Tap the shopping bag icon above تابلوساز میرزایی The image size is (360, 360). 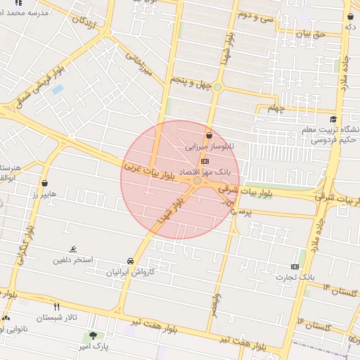coord(208,136)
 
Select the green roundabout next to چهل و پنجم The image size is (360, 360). coord(218,87)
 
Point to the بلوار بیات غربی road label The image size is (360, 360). coord(148,169)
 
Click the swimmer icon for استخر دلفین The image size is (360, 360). coord(73,249)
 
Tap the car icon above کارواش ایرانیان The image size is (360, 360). coord(130,260)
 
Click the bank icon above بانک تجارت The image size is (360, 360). coord(295,266)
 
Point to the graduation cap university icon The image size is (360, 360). coord(333,119)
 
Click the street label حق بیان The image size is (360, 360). coord(311,33)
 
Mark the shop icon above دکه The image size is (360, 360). coord(349,15)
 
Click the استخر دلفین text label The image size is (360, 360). coord(73,260)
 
